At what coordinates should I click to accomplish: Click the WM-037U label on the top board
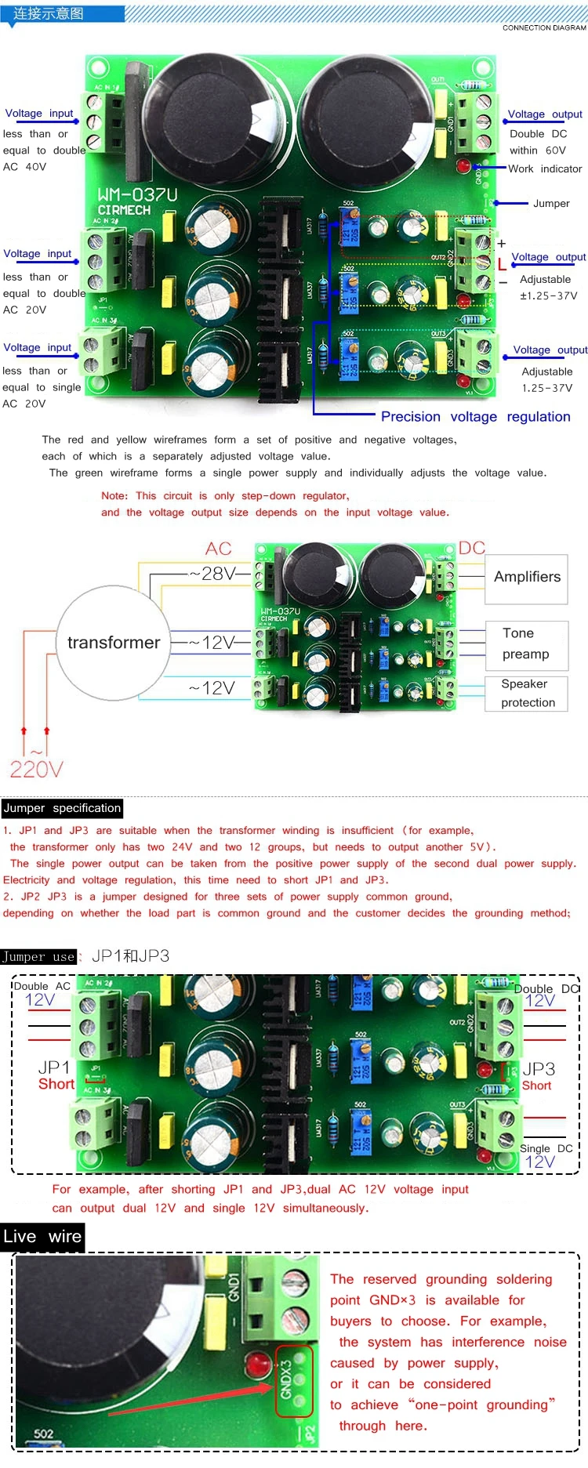click(x=137, y=194)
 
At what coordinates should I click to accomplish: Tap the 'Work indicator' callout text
click(x=545, y=169)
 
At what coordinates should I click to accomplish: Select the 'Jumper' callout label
click(x=551, y=203)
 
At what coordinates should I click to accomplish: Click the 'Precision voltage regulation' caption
click(x=475, y=416)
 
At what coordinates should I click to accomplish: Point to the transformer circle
click(x=113, y=643)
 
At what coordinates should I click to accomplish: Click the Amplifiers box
click(x=527, y=578)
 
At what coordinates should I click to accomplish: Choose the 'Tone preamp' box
click(x=525, y=643)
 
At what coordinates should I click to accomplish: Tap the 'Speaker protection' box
click(x=527, y=694)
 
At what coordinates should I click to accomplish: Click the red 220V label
click(x=36, y=770)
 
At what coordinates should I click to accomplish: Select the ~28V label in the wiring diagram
click(x=212, y=574)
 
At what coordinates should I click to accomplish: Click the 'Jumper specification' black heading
click(x=62, y=808)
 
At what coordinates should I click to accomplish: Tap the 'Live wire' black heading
click(x=42, y=1237)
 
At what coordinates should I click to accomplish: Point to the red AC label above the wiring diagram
click(x=219, y=549)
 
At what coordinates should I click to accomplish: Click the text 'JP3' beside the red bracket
click(x=539, y=1069)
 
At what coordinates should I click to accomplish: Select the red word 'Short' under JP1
click(x=56, y=1084)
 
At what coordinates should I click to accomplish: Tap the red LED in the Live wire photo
click(x=259, y=1365)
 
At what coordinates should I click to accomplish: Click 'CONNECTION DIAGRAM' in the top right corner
click(x=544, y=27)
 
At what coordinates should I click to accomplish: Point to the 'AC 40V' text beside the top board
click(x=25, y=167)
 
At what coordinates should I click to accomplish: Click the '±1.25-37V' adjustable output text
click(x=549, y=296)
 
